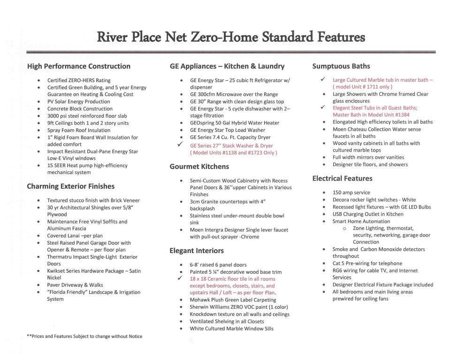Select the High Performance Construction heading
78,66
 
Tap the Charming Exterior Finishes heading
77,186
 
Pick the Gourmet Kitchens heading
199,167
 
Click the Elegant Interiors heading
197,251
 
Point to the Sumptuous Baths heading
341,66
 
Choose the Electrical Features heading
342,178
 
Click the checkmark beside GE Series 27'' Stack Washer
180,145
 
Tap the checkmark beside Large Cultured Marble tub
323,79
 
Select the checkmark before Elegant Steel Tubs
323,107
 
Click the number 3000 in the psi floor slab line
54,116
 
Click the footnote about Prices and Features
84,336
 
